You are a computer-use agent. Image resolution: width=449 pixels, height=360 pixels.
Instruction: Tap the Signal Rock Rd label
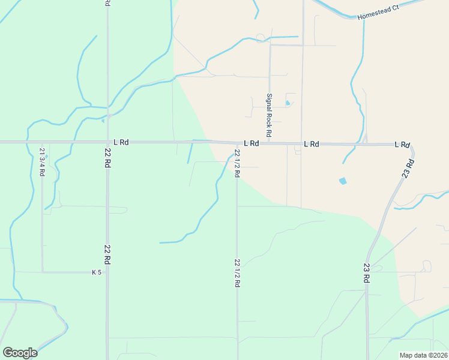270,115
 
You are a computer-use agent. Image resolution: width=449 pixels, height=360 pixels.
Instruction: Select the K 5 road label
96,272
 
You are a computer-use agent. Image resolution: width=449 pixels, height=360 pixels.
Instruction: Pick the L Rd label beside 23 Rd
402,145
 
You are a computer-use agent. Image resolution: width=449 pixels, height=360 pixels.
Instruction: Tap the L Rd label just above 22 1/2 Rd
251,144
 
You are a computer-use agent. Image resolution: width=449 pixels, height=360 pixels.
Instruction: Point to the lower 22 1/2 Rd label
237,274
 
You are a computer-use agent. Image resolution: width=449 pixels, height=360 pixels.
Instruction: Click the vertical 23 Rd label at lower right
367,273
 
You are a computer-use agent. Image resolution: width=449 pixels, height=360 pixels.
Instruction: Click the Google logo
20,353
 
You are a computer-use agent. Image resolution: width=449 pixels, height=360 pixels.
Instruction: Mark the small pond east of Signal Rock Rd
288,103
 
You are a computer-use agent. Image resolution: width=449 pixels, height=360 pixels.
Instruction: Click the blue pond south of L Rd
343,181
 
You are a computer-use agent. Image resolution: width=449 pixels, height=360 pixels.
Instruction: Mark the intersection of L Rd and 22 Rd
107,143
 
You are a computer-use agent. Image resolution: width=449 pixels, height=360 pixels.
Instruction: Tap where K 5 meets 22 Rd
107,272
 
